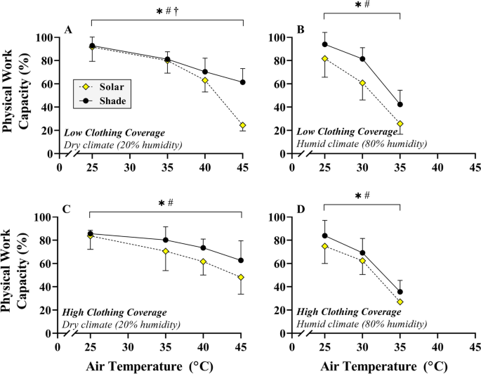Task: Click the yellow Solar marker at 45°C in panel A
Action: [243, 126]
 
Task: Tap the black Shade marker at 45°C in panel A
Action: [243, 82]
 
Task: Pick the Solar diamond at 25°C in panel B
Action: [325, 59]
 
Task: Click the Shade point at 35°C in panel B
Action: [400, 105]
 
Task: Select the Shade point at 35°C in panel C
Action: [166, 240]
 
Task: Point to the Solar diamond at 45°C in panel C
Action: [242, 278]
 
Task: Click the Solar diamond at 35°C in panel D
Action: [400, 302]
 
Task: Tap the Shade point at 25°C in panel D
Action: [325, 236]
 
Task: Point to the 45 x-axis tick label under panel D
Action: [475, 346]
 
